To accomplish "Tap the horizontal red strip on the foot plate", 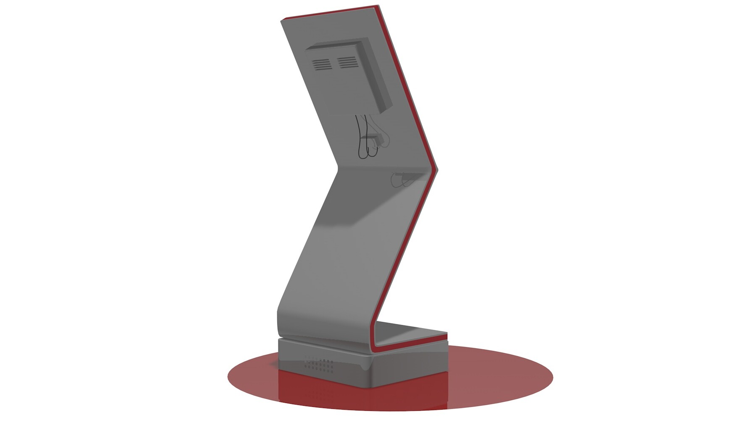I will coord(412,342).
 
